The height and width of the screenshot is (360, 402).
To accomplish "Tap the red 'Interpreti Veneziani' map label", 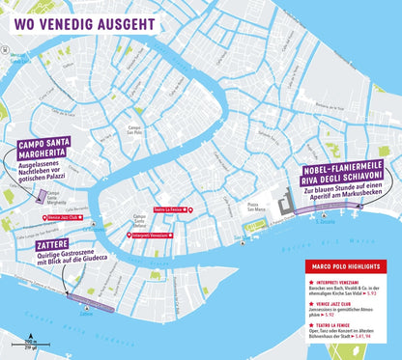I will (x=153, y=235).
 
